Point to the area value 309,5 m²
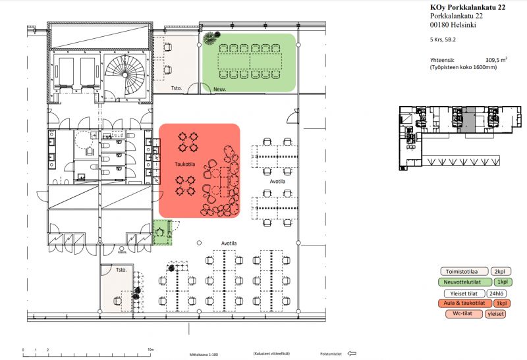(496, 59)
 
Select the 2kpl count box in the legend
(499, 271)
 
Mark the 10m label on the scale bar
(151, 349)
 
